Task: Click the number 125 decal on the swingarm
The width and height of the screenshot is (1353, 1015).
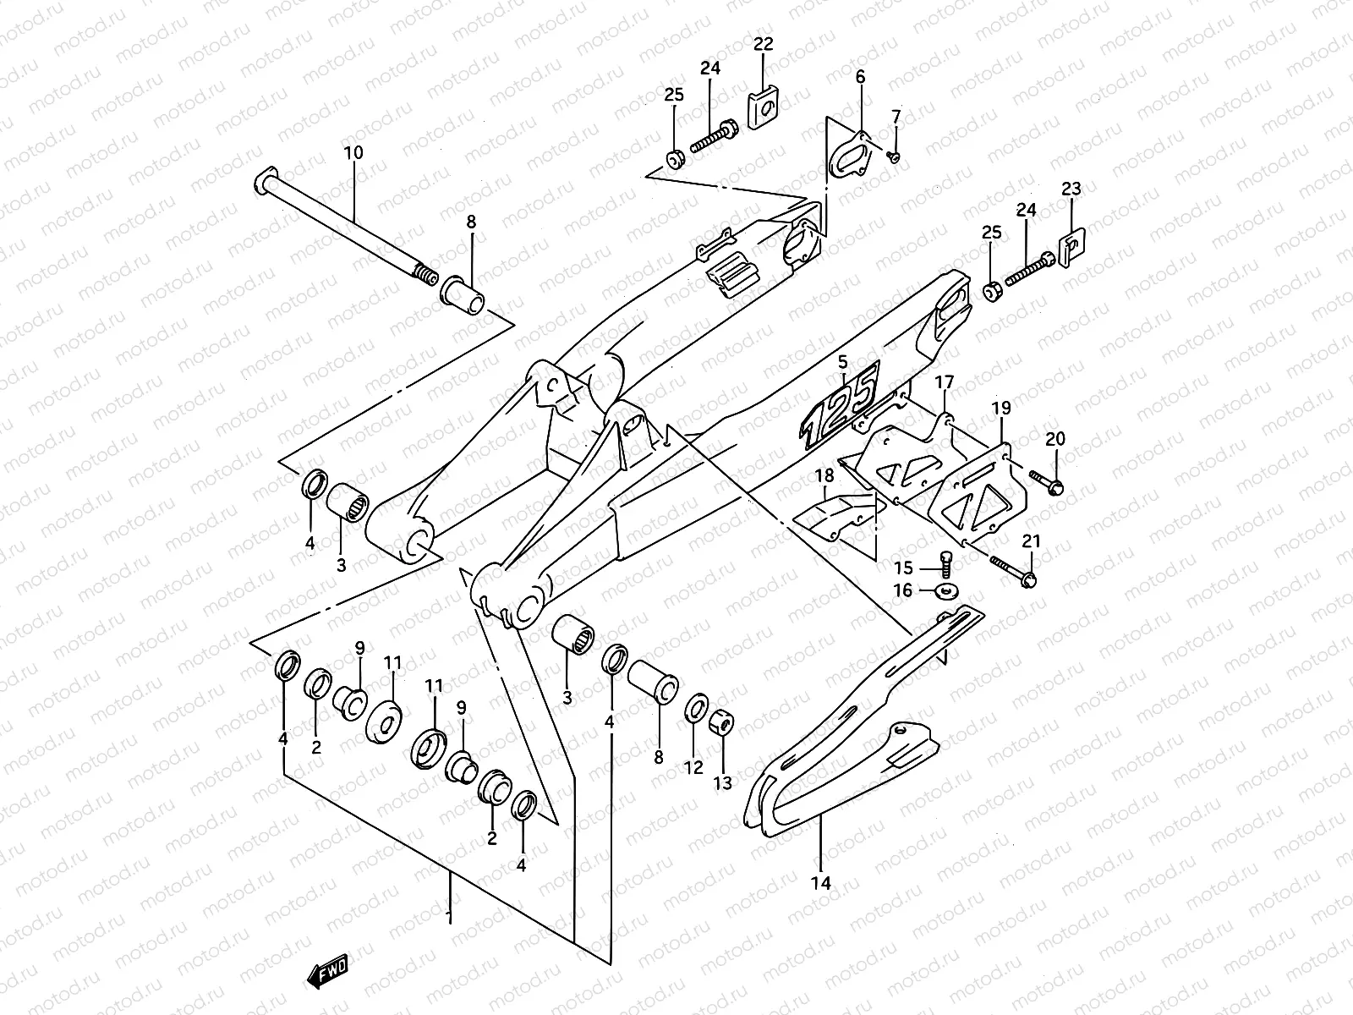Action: [x=841, y=403]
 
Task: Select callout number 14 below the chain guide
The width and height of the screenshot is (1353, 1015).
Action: [x=820, y=883]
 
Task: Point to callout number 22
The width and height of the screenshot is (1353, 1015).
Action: [x=763, y=46]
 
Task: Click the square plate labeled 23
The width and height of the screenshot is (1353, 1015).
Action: [x=1071, y=245]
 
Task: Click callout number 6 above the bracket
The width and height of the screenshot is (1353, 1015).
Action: [x=861, y=77]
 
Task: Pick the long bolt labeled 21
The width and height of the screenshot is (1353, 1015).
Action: [x=1011, y=571]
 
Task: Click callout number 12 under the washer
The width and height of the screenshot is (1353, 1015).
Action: [x=693, y=767]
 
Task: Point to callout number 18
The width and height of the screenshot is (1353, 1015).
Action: [x=824, y=476]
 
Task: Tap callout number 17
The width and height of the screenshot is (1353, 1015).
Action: [x=944, y=383]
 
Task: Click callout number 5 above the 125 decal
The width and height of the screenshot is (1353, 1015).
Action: [x=842, y=363]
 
